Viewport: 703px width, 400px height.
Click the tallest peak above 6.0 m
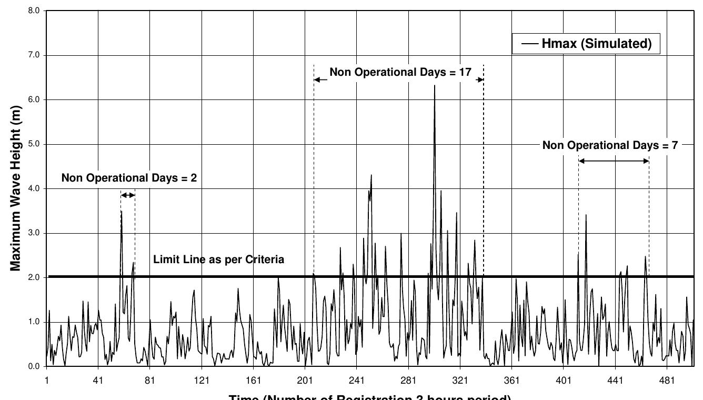(x=435, y=86)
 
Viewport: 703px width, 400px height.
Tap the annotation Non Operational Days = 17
(x=399, y=72)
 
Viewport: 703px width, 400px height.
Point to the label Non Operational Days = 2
(x=129, y=178)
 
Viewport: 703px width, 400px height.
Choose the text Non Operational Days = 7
(x=611, y=145)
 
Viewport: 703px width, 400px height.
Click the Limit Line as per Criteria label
(x=218, y=259)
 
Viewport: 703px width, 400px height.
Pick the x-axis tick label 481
(x=667, y=380)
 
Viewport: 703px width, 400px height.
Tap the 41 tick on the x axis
(x=98, y=380)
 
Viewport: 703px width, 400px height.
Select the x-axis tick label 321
(x=460, y=380)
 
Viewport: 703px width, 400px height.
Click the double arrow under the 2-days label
(x=128, y=195)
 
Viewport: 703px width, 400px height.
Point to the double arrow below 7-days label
(x=614, y=161)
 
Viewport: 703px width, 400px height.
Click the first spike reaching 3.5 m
(x=122, y=212)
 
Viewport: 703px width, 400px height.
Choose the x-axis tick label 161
(x=253, y=380)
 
